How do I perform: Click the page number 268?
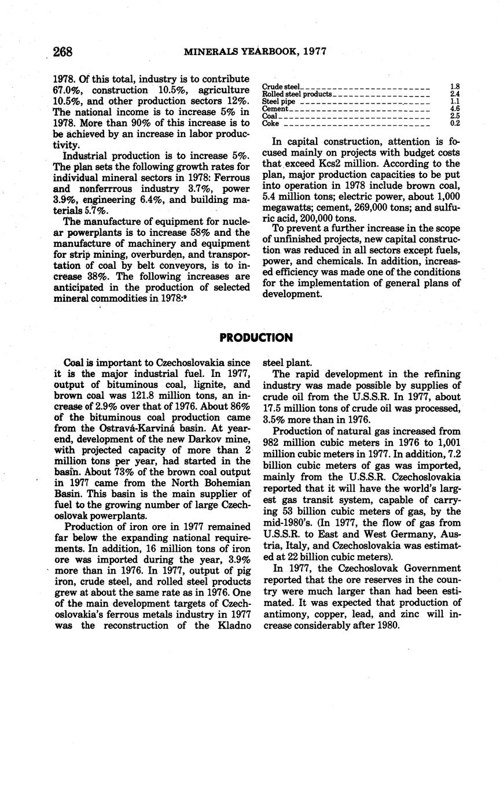[x=62, y=51]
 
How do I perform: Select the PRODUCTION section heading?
[x=256, y=337]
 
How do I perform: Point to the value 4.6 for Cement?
[x=454, y=108]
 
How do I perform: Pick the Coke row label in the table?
[x=270, y=123]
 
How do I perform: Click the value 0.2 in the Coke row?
[x=454, y=123]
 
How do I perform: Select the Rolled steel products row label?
[x=297, y=94]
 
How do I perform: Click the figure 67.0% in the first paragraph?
[x=68, y=90]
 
